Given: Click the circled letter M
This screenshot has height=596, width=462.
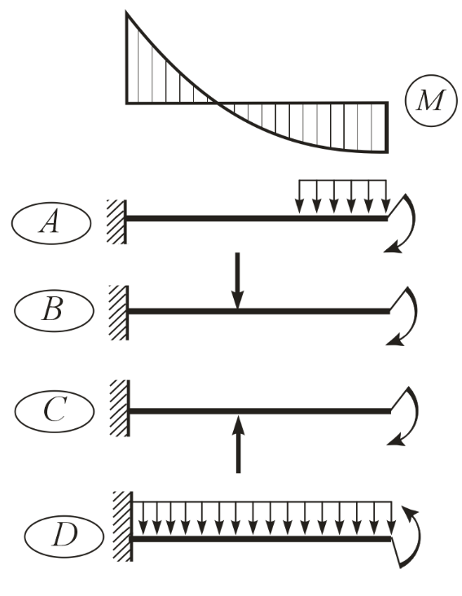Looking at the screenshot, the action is pos(430,100).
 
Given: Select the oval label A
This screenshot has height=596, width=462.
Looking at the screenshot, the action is pos(51,223).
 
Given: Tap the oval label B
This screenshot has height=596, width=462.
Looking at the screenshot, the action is pos(54,310).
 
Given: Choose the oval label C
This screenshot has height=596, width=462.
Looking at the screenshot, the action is pos(55,411).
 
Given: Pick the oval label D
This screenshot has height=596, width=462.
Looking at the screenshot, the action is pos(64,535).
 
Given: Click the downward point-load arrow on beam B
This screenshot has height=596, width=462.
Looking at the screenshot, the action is pos(238,281).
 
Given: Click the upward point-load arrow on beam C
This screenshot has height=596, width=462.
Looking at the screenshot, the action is pos(239,444).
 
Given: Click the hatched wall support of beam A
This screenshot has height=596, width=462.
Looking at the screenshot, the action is pos(117,221).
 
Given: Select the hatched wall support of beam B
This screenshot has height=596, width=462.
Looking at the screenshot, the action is pos(119,313).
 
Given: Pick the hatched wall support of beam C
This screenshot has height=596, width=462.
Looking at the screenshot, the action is pos(120,408).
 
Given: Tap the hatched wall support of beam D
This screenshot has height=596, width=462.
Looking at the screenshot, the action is pos(123,526).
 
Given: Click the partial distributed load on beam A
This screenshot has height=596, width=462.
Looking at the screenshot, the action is pos(342,196).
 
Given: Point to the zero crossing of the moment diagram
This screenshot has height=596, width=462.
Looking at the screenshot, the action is pos(217,103).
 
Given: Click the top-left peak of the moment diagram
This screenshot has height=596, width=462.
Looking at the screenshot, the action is pos(126,12).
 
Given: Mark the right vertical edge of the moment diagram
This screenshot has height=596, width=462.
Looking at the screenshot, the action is pos(388,127).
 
